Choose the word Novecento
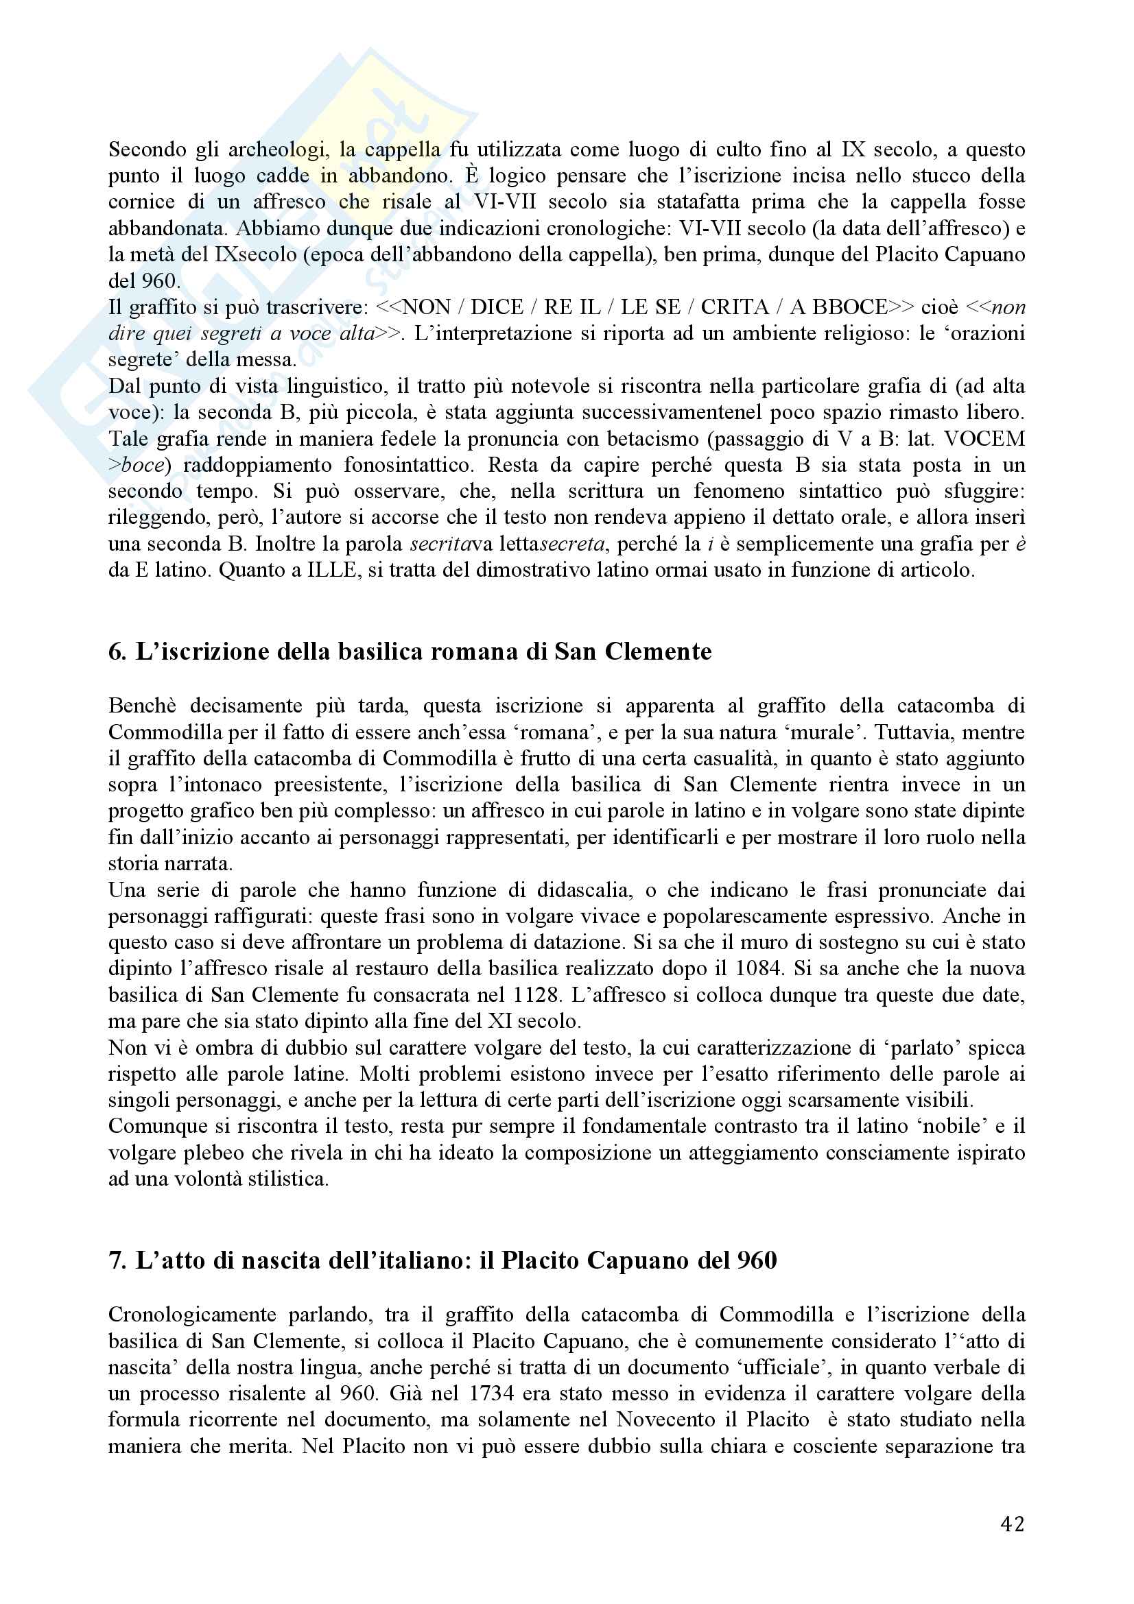[x=676, y=1420]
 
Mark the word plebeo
[x=217, y=1153]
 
